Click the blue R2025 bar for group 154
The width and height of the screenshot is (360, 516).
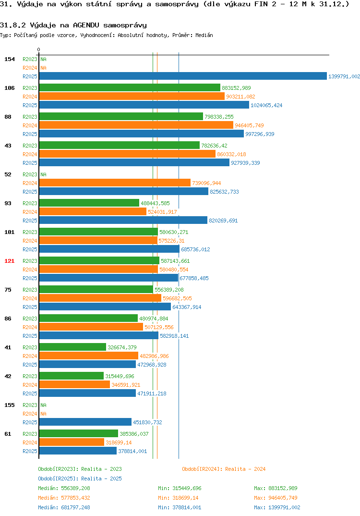pos(183,76)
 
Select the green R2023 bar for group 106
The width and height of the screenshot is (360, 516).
pos(130,87)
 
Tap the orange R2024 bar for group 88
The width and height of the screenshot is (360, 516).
pos(136,125)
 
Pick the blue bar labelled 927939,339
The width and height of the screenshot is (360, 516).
pos(134,162)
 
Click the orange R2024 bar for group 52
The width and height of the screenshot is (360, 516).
pos(115,183)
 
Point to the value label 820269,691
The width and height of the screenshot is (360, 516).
pos(223,221)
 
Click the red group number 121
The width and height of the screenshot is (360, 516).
pos(9,261)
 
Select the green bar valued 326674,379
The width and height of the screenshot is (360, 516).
pos(72,347)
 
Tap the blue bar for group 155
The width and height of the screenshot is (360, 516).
pos(85,422)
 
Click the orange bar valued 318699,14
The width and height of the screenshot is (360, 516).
pos(72,442)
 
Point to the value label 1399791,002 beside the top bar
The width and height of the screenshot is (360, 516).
pos(344,76)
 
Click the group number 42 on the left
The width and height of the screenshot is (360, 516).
pos(8,376)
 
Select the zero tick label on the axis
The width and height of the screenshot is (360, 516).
pos(38,49)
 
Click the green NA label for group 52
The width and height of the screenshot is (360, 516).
pos(43,174)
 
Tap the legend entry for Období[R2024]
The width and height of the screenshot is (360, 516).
pos(224,469)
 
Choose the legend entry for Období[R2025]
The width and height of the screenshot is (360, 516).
pos(80,479)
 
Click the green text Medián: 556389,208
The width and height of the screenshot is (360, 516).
pos(64,488)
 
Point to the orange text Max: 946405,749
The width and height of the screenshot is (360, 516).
pos(276,498)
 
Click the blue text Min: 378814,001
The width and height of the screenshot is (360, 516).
pos(180,507)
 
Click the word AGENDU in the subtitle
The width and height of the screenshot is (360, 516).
pos(86,25)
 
